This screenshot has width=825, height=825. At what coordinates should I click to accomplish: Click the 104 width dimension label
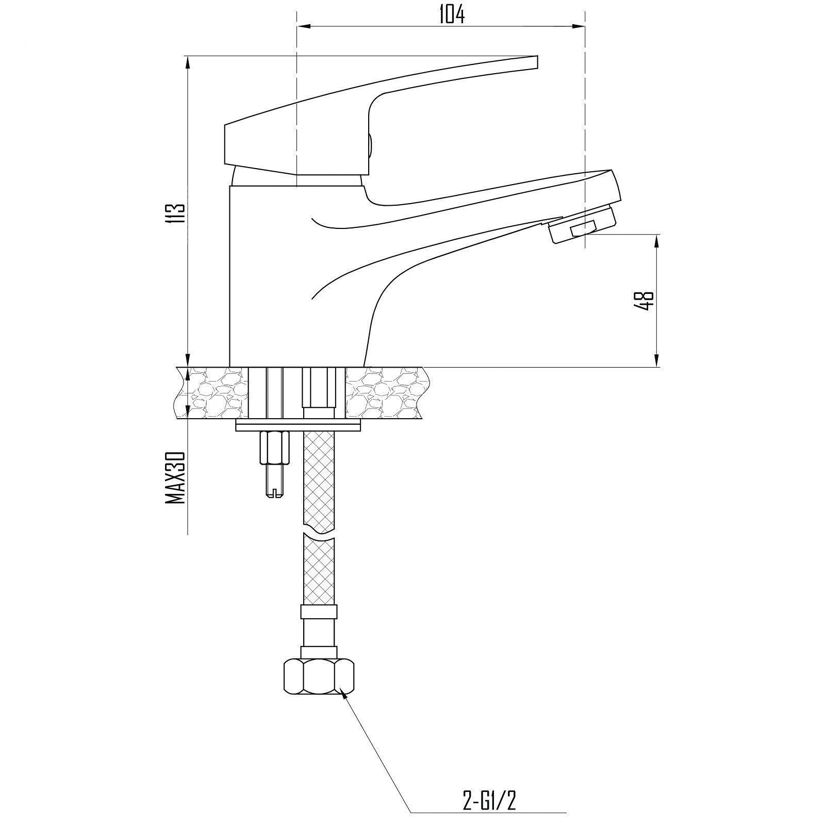[452, 14]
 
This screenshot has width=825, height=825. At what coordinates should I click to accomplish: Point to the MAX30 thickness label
[176, 477]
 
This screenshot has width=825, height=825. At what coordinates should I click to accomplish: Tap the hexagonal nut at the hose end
[319, 676]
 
